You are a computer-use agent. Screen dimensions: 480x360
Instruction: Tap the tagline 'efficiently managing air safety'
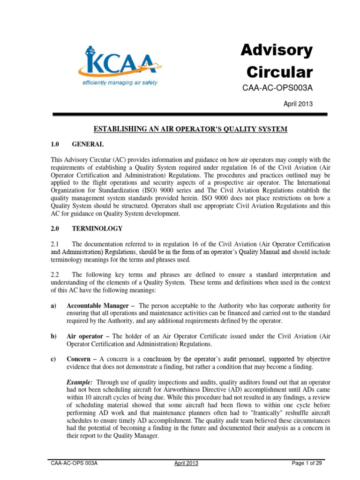[x=120, y=82]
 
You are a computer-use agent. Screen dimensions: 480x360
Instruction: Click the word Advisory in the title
[x=276, y=50]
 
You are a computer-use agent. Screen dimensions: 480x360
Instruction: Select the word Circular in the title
[x=279, y=72]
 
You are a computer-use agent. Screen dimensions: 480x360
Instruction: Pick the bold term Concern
[x=80, y=359]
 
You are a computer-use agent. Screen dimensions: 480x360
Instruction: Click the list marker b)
[x=53, y=336]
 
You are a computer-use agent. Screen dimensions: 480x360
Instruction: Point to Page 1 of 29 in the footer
[x=307, y=464]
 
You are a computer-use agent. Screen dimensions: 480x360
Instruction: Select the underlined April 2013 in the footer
[x=187, y=464]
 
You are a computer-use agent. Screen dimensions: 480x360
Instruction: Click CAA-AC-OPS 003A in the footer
[x=74, y=464]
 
